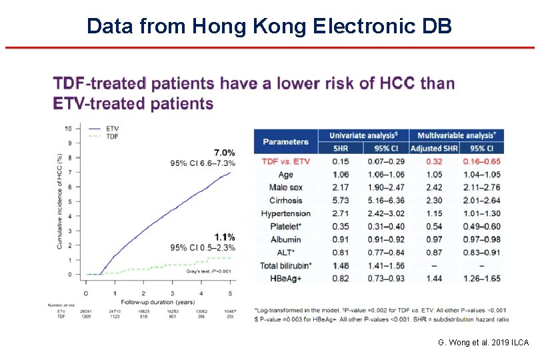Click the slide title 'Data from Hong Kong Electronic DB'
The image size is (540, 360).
tap(269, 26)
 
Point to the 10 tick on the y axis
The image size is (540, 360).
tap(68, 128)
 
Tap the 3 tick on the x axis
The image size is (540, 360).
tap(173, 293)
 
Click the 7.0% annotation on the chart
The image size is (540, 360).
tap(224, 153)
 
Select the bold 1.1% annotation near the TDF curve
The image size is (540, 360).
tap(224, 237)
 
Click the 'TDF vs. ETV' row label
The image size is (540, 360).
tap(285, 161)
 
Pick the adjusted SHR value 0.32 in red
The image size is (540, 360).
tap(434, 161)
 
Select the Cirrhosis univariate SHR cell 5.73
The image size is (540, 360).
tap(341, 201)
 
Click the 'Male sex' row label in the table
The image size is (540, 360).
tap(285, 187)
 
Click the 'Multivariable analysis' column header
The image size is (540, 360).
tap(457, 135)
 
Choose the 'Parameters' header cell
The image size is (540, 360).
tap(285, 141)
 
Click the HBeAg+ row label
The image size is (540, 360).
tap(285, 278)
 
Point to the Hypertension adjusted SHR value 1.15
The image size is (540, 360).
tap(434, 213)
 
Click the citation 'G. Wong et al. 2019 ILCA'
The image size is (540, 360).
tap(483, 343)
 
